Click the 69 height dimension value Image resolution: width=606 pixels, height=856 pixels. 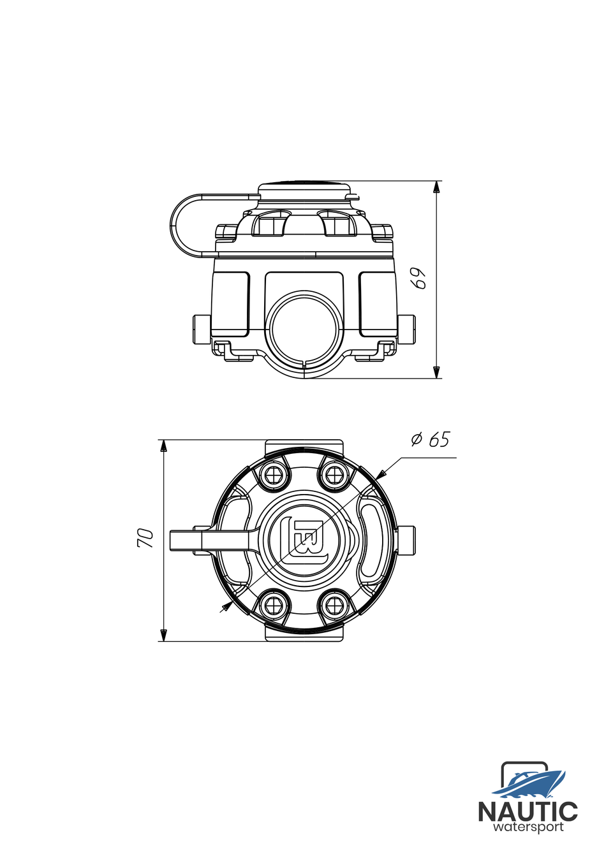[x=418, y=278]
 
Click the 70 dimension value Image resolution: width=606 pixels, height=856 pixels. [x=145, y=538]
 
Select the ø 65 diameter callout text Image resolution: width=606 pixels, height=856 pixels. [x=431, y=440]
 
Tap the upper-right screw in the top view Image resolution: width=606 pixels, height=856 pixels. [x=334, y=474]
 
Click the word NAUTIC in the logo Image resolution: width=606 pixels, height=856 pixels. [x=528, y=812]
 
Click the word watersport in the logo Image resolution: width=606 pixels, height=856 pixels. [x=528, y=827]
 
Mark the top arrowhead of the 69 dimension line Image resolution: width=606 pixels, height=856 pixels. [x=436, y=187]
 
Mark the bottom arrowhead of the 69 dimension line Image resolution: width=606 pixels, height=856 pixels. [x=436, y=372]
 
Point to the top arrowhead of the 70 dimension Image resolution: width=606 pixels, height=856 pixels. [x=163, y=446]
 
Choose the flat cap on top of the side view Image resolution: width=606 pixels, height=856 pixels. [x=305, y=187]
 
